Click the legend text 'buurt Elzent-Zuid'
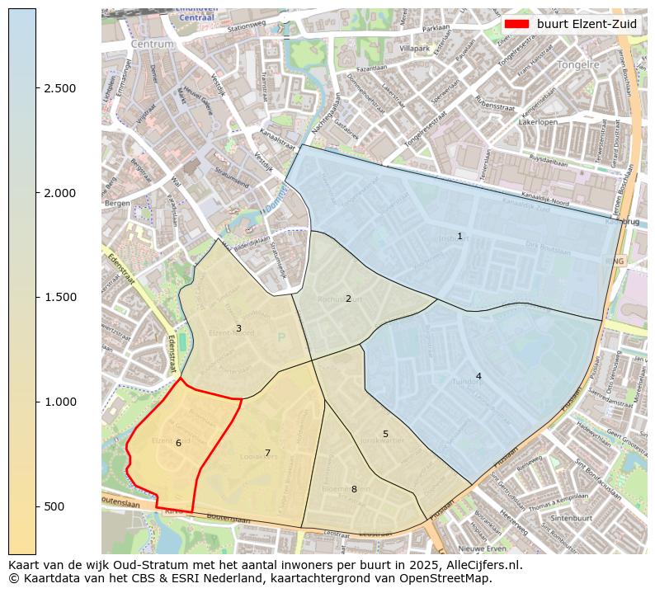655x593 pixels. [x=587, y=24]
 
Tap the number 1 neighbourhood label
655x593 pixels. [x=459, y=237]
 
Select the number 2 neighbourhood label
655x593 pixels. [x=348, y=299]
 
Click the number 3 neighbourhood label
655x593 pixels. [x=238, y=328]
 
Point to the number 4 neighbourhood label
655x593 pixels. [x=478, y=377]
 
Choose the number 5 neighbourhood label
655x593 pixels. [x=385, y=434]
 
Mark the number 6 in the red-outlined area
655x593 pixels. [x=178, y=443]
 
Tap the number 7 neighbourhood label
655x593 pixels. [x=267, y=453]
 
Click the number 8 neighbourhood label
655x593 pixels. [x=354, y=489]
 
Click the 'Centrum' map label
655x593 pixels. [x=153, y=44]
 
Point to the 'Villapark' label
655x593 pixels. [x=414, y=49]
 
